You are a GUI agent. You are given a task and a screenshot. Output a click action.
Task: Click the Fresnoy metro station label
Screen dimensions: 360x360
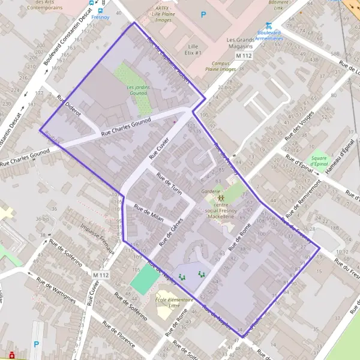[101, 17]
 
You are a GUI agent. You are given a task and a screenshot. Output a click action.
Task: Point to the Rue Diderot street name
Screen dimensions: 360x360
[68, 109]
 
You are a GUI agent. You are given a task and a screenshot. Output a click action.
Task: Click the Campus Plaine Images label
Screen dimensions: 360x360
[219, 67]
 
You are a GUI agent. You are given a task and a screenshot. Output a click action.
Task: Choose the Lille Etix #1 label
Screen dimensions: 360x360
[193, 49]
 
